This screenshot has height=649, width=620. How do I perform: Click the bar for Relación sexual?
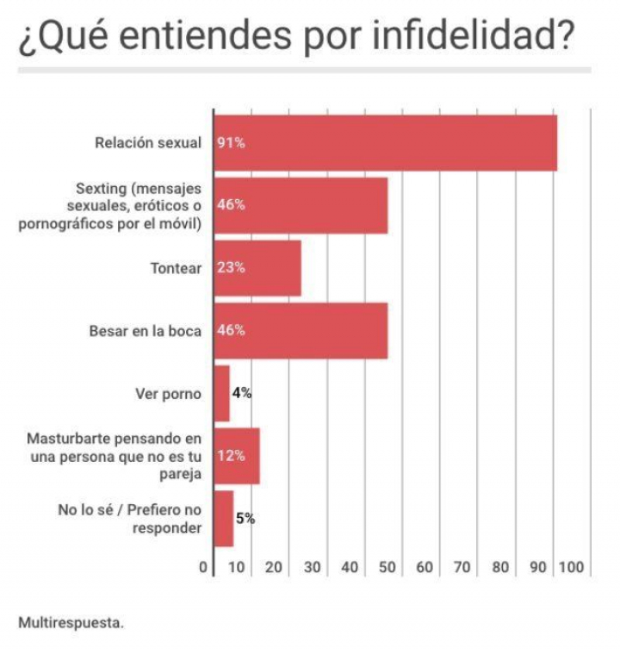pyautogui.click(x=385, y=143)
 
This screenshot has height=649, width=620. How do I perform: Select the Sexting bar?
pyautogui.click(x=301, y=206)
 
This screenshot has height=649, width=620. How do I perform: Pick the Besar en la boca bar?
pyautogui.click(x=301, y=330)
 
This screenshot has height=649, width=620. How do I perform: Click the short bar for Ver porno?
pyautogui.click(x=221, y=393)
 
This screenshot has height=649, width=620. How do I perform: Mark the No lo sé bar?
pyautogui.click(x=223, y=518)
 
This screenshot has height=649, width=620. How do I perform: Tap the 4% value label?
pyautogui.click(x=241, y=393)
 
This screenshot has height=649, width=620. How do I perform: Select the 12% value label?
pyautogui.click(x=230, y=456)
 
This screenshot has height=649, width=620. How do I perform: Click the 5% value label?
pyautogui.click(x=245, y=518)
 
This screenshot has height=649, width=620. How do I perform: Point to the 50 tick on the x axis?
pyautogui.click(x=387, y=568)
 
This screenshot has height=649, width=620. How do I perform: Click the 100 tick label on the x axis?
pyautogui.click(x=571, y=568)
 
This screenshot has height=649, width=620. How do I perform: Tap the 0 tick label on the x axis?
pyautogui.click(x=203, y=568)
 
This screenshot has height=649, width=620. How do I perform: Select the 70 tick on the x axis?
pyautogui.click(x=462, y=568)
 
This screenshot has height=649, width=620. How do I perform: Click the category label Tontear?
pyautogui.click(x=176, y=268)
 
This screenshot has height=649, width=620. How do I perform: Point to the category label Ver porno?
pyautogui.click(x=168, y=394)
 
